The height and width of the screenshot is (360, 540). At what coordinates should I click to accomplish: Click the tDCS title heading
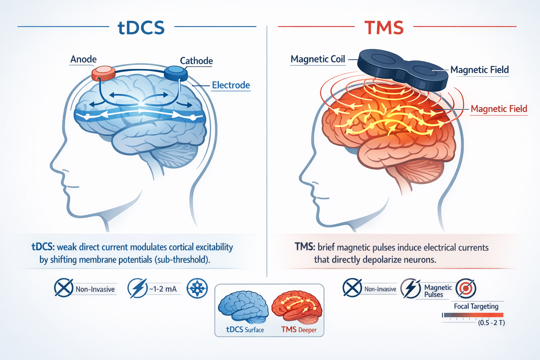tap(141, 28)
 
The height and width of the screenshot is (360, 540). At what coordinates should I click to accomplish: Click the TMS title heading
tap(384, 28)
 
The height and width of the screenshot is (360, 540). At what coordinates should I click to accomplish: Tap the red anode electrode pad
tap(103, 73)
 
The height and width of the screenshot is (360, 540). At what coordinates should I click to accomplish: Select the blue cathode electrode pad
tap(176, 73)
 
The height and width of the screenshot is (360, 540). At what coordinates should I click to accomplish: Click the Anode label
tap(83, 59)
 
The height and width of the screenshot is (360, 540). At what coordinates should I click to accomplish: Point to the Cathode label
tap(196, 61)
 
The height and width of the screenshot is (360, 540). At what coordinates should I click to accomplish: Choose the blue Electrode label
tap(231, 85)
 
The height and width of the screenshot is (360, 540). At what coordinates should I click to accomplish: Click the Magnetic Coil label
tap(318, 59)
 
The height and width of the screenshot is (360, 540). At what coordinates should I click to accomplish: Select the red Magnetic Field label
tap(499, 109)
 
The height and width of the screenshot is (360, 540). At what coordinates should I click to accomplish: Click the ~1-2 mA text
tap(163, 289)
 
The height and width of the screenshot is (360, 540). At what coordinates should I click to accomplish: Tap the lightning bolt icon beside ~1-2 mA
tap(137, 288)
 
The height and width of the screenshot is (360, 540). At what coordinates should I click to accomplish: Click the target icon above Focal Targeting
tap(466, 288)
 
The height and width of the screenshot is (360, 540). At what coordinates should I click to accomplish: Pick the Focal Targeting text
tap(476, 306)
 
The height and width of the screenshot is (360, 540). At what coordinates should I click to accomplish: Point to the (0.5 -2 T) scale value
tap(491, 323)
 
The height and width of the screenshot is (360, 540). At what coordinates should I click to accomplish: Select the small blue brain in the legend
tap(242, 307)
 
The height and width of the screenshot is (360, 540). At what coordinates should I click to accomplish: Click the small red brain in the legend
tap(297, 307)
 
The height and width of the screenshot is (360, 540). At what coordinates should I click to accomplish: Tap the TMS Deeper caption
tap(299, 330)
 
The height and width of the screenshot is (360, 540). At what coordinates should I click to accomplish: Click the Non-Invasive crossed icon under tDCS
tap(64, 288)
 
